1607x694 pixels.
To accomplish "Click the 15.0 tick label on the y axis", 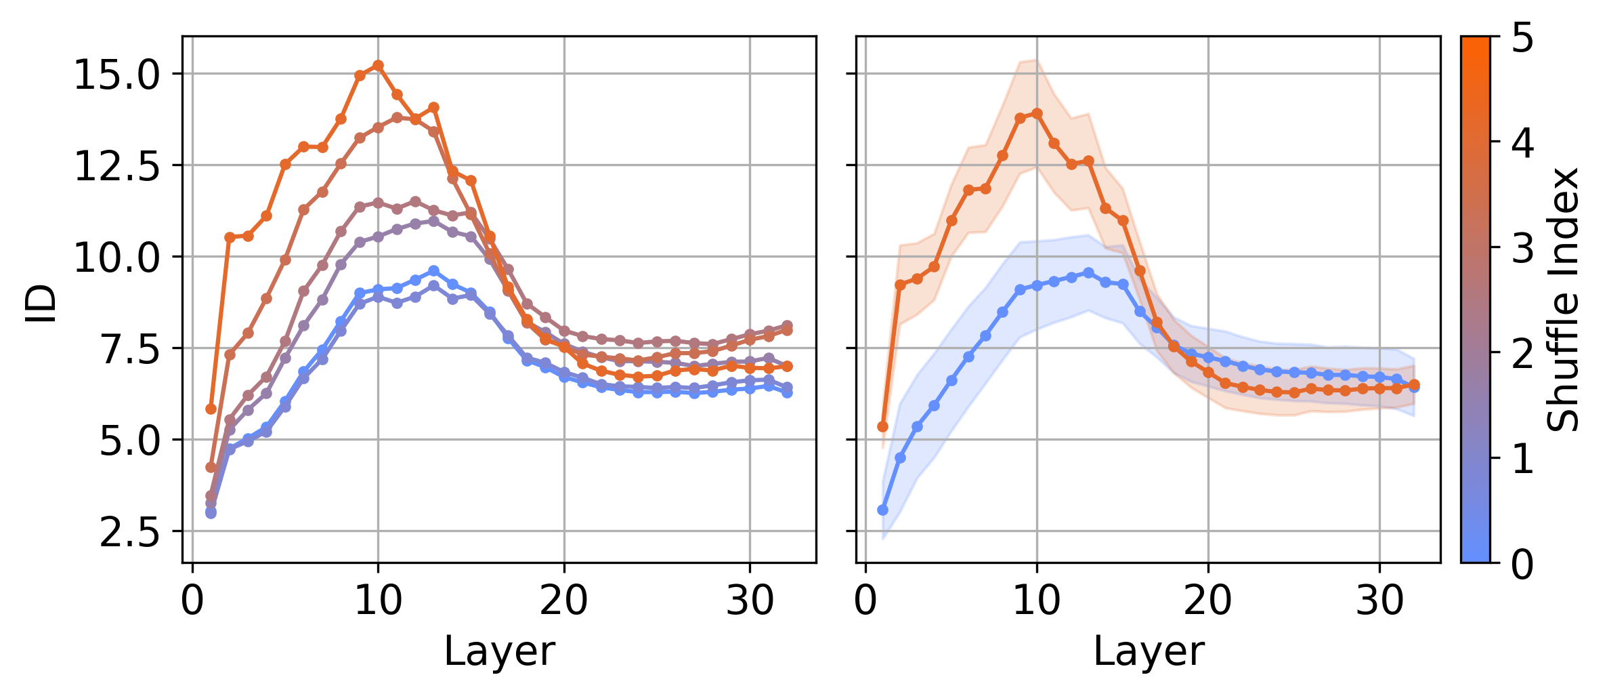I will [x=116, y=75].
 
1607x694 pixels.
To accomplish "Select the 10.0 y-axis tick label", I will [x=116, y=258].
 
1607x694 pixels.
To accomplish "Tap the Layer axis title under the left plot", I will [x=499, y=652].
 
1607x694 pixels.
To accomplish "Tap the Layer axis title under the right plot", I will [x=1149, y=652].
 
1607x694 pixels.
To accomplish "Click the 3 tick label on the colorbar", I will [x=1522, y=249].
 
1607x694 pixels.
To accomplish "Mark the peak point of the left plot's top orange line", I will [x=378, y=65].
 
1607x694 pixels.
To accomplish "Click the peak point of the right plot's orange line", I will [x=1037, y=113].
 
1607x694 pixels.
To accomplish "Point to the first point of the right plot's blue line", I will [x=882, y=510].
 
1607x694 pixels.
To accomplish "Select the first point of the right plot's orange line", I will [x=882, y=426].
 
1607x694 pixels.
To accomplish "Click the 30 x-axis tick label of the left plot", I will [x=749, y=600].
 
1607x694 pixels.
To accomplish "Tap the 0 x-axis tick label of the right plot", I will [x=865, y=600].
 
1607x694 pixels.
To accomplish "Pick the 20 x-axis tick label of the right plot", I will [x=1208, y=600].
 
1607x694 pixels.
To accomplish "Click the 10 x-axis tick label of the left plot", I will [x=378, y=600].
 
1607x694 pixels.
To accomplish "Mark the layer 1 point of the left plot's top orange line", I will [x=211, y=409].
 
